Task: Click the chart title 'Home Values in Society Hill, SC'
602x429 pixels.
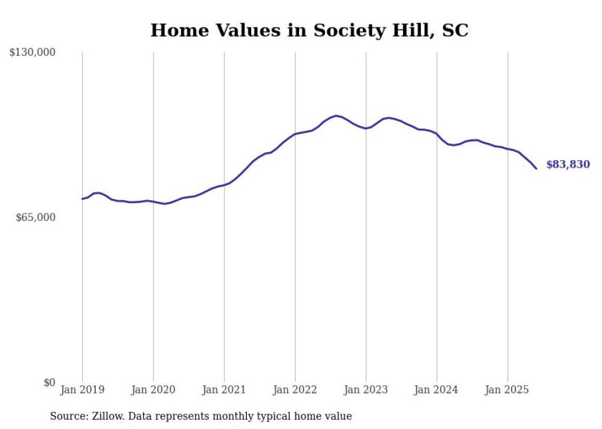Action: point(309,30)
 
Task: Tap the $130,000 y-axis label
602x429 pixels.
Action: point(33,53)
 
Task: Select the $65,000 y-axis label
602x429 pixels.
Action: point(36,217)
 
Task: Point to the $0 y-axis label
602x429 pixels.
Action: point(49,382)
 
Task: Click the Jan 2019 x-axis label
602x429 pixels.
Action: point(82,390)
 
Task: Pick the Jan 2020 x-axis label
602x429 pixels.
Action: point(153,390)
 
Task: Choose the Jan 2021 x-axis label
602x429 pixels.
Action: point(224,390)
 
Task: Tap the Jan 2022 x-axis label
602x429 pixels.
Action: point(295,390)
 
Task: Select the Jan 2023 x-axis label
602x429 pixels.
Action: point(366,390)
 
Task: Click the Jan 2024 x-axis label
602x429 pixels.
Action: point(437,390)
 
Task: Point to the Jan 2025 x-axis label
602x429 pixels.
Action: point(507,390)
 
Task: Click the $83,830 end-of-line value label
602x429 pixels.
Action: point(568,164)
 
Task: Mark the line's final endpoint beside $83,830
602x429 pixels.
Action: point(536,169)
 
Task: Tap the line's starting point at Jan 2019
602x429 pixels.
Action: point(82,199)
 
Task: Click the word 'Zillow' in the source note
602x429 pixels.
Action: point(107,416)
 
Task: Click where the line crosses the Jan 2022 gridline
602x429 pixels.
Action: point(295,134)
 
